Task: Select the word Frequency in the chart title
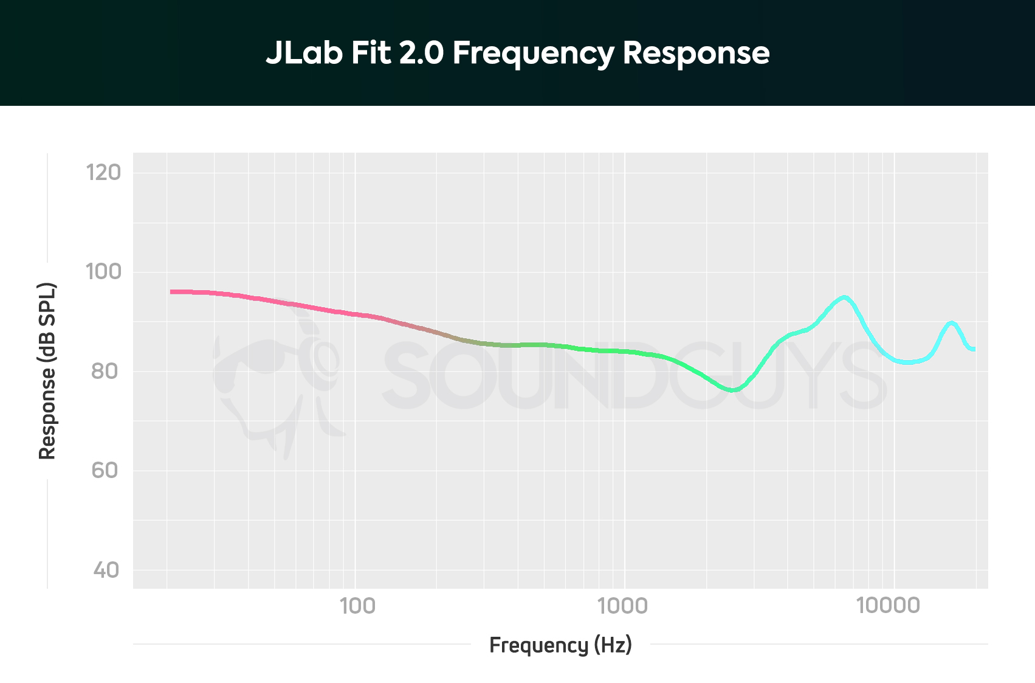(533, 54)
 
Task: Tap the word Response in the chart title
(696, 54)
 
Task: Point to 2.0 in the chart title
(421, 53)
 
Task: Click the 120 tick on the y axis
(103, 173)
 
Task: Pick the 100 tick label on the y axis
(103, 272)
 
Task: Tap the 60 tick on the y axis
(105, 471)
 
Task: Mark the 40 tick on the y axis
(106, 570)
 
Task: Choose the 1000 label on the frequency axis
(624, 606)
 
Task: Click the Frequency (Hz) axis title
(560, 645)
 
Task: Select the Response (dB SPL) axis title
(47, 371)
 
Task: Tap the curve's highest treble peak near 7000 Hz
(844, 297)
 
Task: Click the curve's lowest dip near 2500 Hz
(733, 390)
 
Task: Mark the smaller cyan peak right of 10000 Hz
(951, 323)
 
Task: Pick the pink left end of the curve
(173, 292)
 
